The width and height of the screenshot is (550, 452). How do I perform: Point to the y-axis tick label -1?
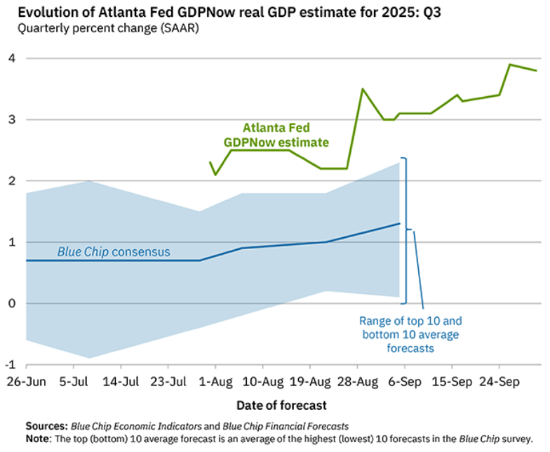coord(11,365)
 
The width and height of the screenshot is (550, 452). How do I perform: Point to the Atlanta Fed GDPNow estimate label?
coord(276,135)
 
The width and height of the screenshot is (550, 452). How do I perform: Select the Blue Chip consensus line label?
coord(114,251)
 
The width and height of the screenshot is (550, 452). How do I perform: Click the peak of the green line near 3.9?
coord(509,65)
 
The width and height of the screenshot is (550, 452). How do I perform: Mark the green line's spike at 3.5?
coord(362,89)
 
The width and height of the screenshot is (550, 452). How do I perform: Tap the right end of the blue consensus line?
coord(399,224)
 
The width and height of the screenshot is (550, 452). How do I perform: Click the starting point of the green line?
coord(210,162)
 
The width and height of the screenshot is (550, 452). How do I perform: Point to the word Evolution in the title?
coord(39,12)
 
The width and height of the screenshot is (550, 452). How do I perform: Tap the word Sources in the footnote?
coord(46,425)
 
